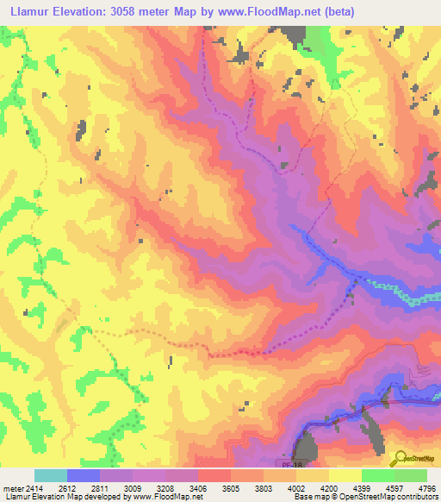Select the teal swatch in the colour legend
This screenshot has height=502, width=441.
[51, 475]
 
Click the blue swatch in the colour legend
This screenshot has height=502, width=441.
[84, 475]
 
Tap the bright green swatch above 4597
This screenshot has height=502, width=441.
[378, 475]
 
